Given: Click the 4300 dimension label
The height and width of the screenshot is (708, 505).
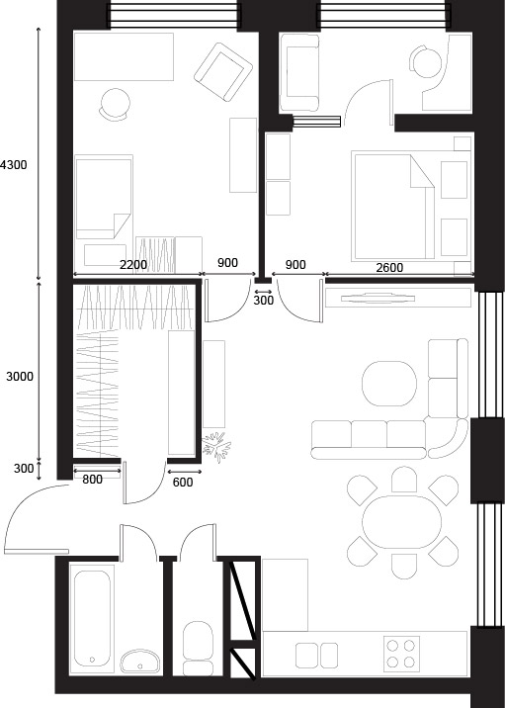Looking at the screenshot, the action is [x=14, y=165].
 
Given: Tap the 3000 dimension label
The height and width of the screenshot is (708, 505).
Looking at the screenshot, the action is [x=20, y=376].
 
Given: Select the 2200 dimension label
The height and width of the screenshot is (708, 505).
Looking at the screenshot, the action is [x=133, y=265].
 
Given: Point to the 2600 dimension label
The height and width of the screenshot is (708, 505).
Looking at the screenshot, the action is [x=389, y=268].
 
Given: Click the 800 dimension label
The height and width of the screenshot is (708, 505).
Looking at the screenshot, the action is [x=93, y=480].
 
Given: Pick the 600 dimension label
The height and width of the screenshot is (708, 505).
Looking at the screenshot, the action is [x=183, y=483].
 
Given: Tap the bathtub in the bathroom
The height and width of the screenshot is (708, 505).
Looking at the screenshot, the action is [x=93, y=618].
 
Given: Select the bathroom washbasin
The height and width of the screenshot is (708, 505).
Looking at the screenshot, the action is [x=140, y=662].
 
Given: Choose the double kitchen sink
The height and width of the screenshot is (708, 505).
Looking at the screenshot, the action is [x=317, y=656].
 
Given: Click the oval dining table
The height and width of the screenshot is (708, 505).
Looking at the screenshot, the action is [x=401, y=522].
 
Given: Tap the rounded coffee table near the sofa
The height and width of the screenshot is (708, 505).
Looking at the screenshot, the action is [x=389, y=384].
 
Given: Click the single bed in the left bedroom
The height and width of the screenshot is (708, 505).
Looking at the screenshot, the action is [x=104, y=197].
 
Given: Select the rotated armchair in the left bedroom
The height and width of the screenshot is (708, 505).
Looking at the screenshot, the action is [x=223, y=72].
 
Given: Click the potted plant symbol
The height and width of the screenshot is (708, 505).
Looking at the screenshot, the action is [x=216, y=447].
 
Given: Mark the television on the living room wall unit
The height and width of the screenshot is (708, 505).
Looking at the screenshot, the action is [x=378, y=298].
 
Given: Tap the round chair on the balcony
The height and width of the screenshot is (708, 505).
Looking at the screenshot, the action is [x=425, y=61].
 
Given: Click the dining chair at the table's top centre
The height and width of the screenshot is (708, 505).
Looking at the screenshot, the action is [x=404, y=480].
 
